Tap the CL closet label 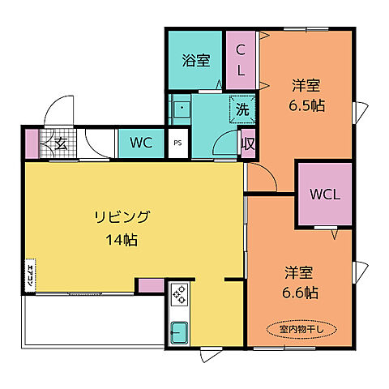pyautogui.click(x=242, y=61)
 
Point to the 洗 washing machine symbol pyautogui.click(x=242, y=108)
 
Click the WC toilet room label pyautogui.click(x=142, y=144)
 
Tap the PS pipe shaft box pyautogui.click(x=178, y=144)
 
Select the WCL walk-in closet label pyautogui.click(x=324, y=194)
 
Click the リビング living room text pyautogui.click(x=122, y=216)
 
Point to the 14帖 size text pyautogui.click(x=122, y=240)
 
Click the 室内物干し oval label pyautogui.click(x=299, y=329)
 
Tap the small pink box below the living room pyautogui.click(x=150, y=285)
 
